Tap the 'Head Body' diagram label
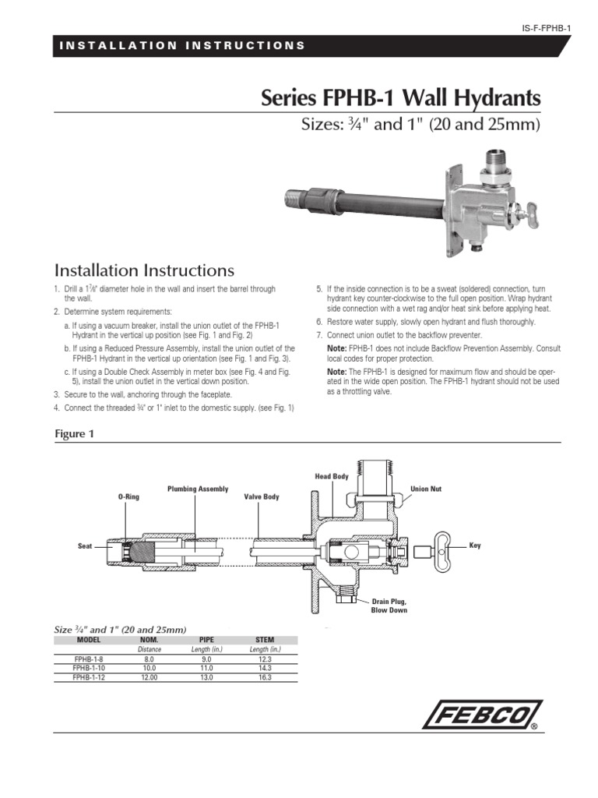330,475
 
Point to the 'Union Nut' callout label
426,489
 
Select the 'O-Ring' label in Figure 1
128,496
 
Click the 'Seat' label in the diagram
85,546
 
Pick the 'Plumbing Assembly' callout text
198,489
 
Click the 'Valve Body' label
261,496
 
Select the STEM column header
265,639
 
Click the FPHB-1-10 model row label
89,668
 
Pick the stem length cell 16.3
265,678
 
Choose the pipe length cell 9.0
206,659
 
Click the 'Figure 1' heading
73,434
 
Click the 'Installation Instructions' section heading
144,270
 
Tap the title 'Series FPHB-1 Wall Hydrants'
399,100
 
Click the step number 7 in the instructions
318,334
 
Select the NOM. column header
149,639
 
